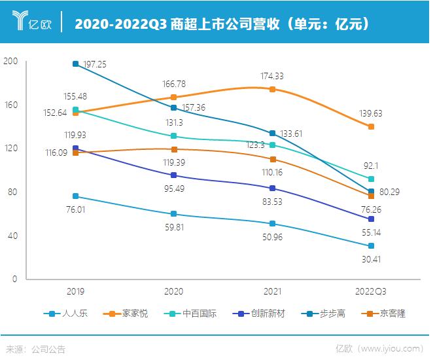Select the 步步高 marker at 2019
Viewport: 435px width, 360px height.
tap(76, 63)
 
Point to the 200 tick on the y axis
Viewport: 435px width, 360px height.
tap(10, 61)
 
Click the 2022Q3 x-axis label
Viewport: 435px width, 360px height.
tap(371, 291)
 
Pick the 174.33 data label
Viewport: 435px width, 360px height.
tap(272, 77)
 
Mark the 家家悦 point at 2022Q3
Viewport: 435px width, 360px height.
tap(371, 126)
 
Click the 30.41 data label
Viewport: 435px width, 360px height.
tap(371, 259)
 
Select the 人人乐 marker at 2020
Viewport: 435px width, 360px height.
tap(174, 214)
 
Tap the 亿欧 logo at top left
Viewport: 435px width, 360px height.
tap(31, 24)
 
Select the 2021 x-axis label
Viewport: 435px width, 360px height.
tap(272, 291)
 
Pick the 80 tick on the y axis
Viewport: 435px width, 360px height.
tap(12, 192)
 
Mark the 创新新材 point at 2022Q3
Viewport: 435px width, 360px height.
tap(371, 219)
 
